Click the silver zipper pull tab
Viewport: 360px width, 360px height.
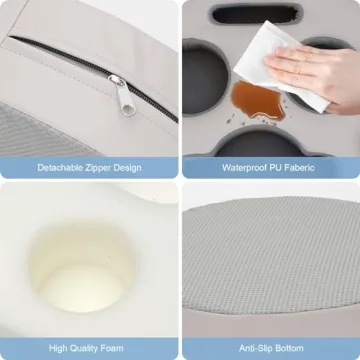tap(117, 86)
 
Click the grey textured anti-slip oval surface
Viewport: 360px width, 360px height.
tap(270, 260)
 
